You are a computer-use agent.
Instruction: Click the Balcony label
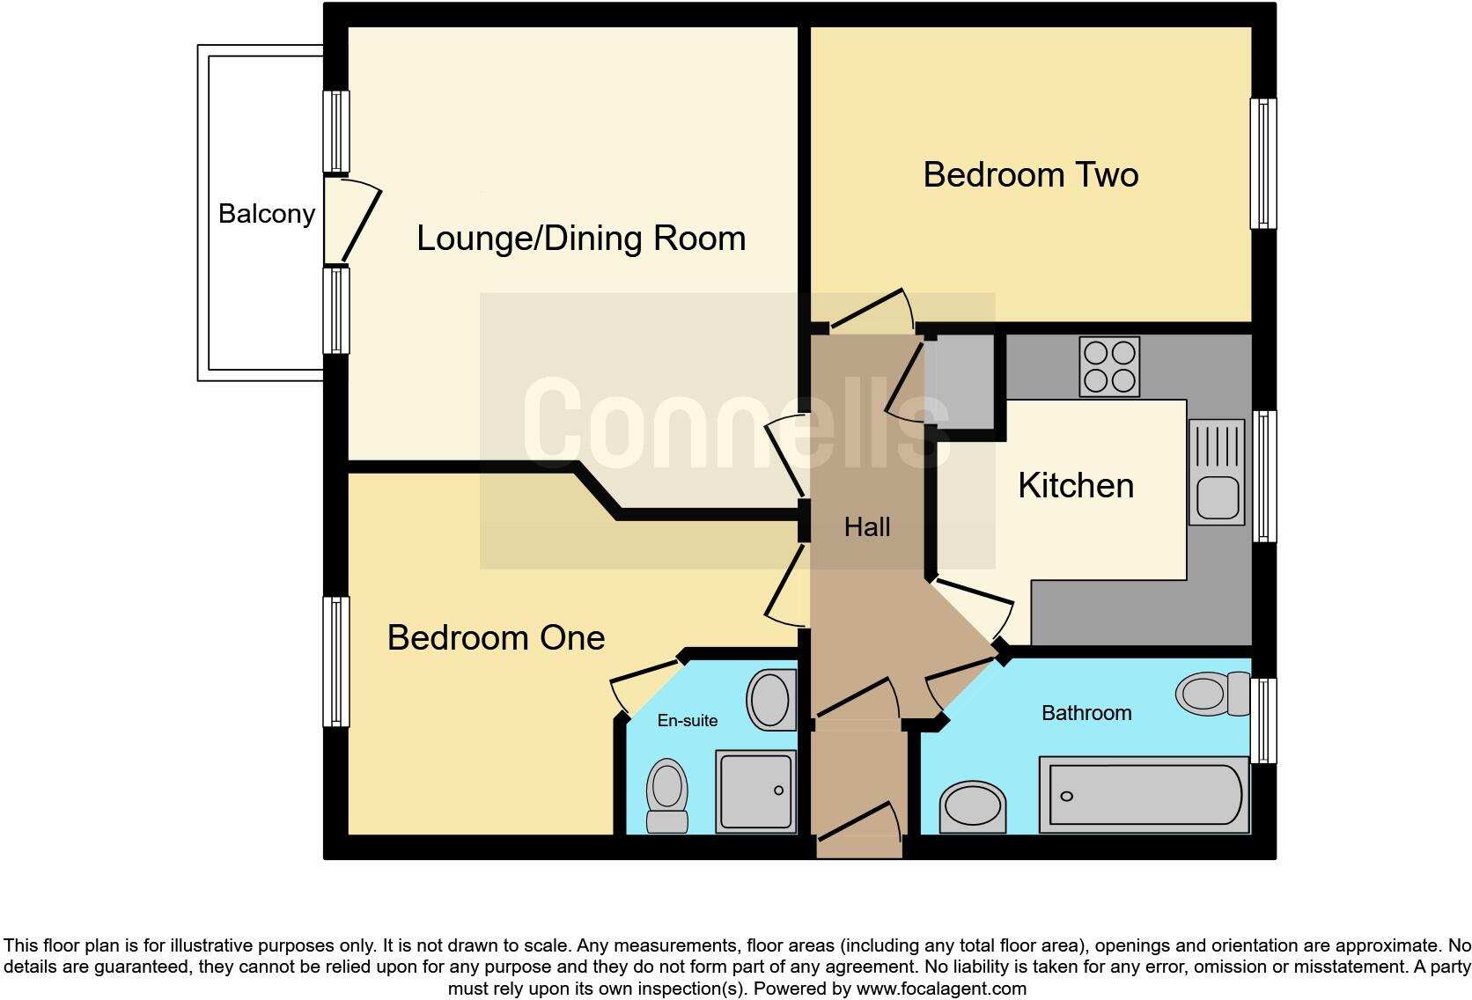tap(266, 214)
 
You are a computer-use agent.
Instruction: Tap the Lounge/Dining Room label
tap(580, 239)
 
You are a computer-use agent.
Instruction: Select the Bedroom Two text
tap(1030, 174)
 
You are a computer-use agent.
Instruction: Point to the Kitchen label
tap(1075, 486)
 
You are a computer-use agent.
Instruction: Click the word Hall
tap(867, 527)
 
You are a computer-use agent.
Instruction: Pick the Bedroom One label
tap(496, 637)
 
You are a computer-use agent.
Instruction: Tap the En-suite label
tap(687, 720)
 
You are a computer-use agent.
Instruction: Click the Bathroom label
tap(1086, 713)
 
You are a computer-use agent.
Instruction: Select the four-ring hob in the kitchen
tap(1109, 366)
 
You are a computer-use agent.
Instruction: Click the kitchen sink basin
tap(1217, 498)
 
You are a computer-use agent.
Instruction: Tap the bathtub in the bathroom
tap(1144, 794)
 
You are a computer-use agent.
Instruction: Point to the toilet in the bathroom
tap(1212, 694)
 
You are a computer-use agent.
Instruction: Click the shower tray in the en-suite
tap(755, 791)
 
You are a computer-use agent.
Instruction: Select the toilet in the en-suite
tap(667, 794)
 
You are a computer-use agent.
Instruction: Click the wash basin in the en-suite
tap(771, 701)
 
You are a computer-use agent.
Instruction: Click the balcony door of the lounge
tap(359, 222)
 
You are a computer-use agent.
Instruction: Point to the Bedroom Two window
tap(1263, 164)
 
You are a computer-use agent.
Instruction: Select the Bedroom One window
tap(335, 662)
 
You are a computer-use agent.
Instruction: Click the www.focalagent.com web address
tap(940, 989)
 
